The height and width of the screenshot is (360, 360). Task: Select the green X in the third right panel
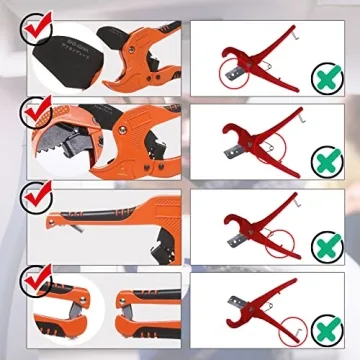click(322, 244)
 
